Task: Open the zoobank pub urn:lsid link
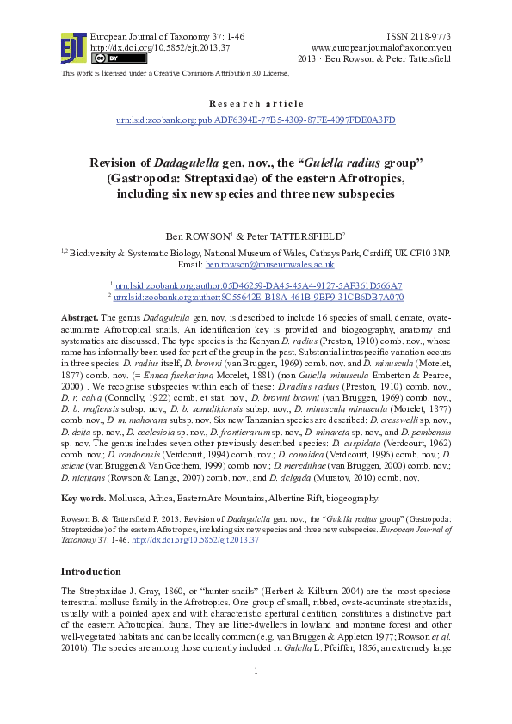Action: click(x=256, y=120)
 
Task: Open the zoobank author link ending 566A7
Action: click(x=259, y=285)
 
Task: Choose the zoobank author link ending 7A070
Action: click(x=259, y=296)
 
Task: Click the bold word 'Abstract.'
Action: click(x=81, y=318)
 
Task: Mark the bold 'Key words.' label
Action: click(x=84, y=499)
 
